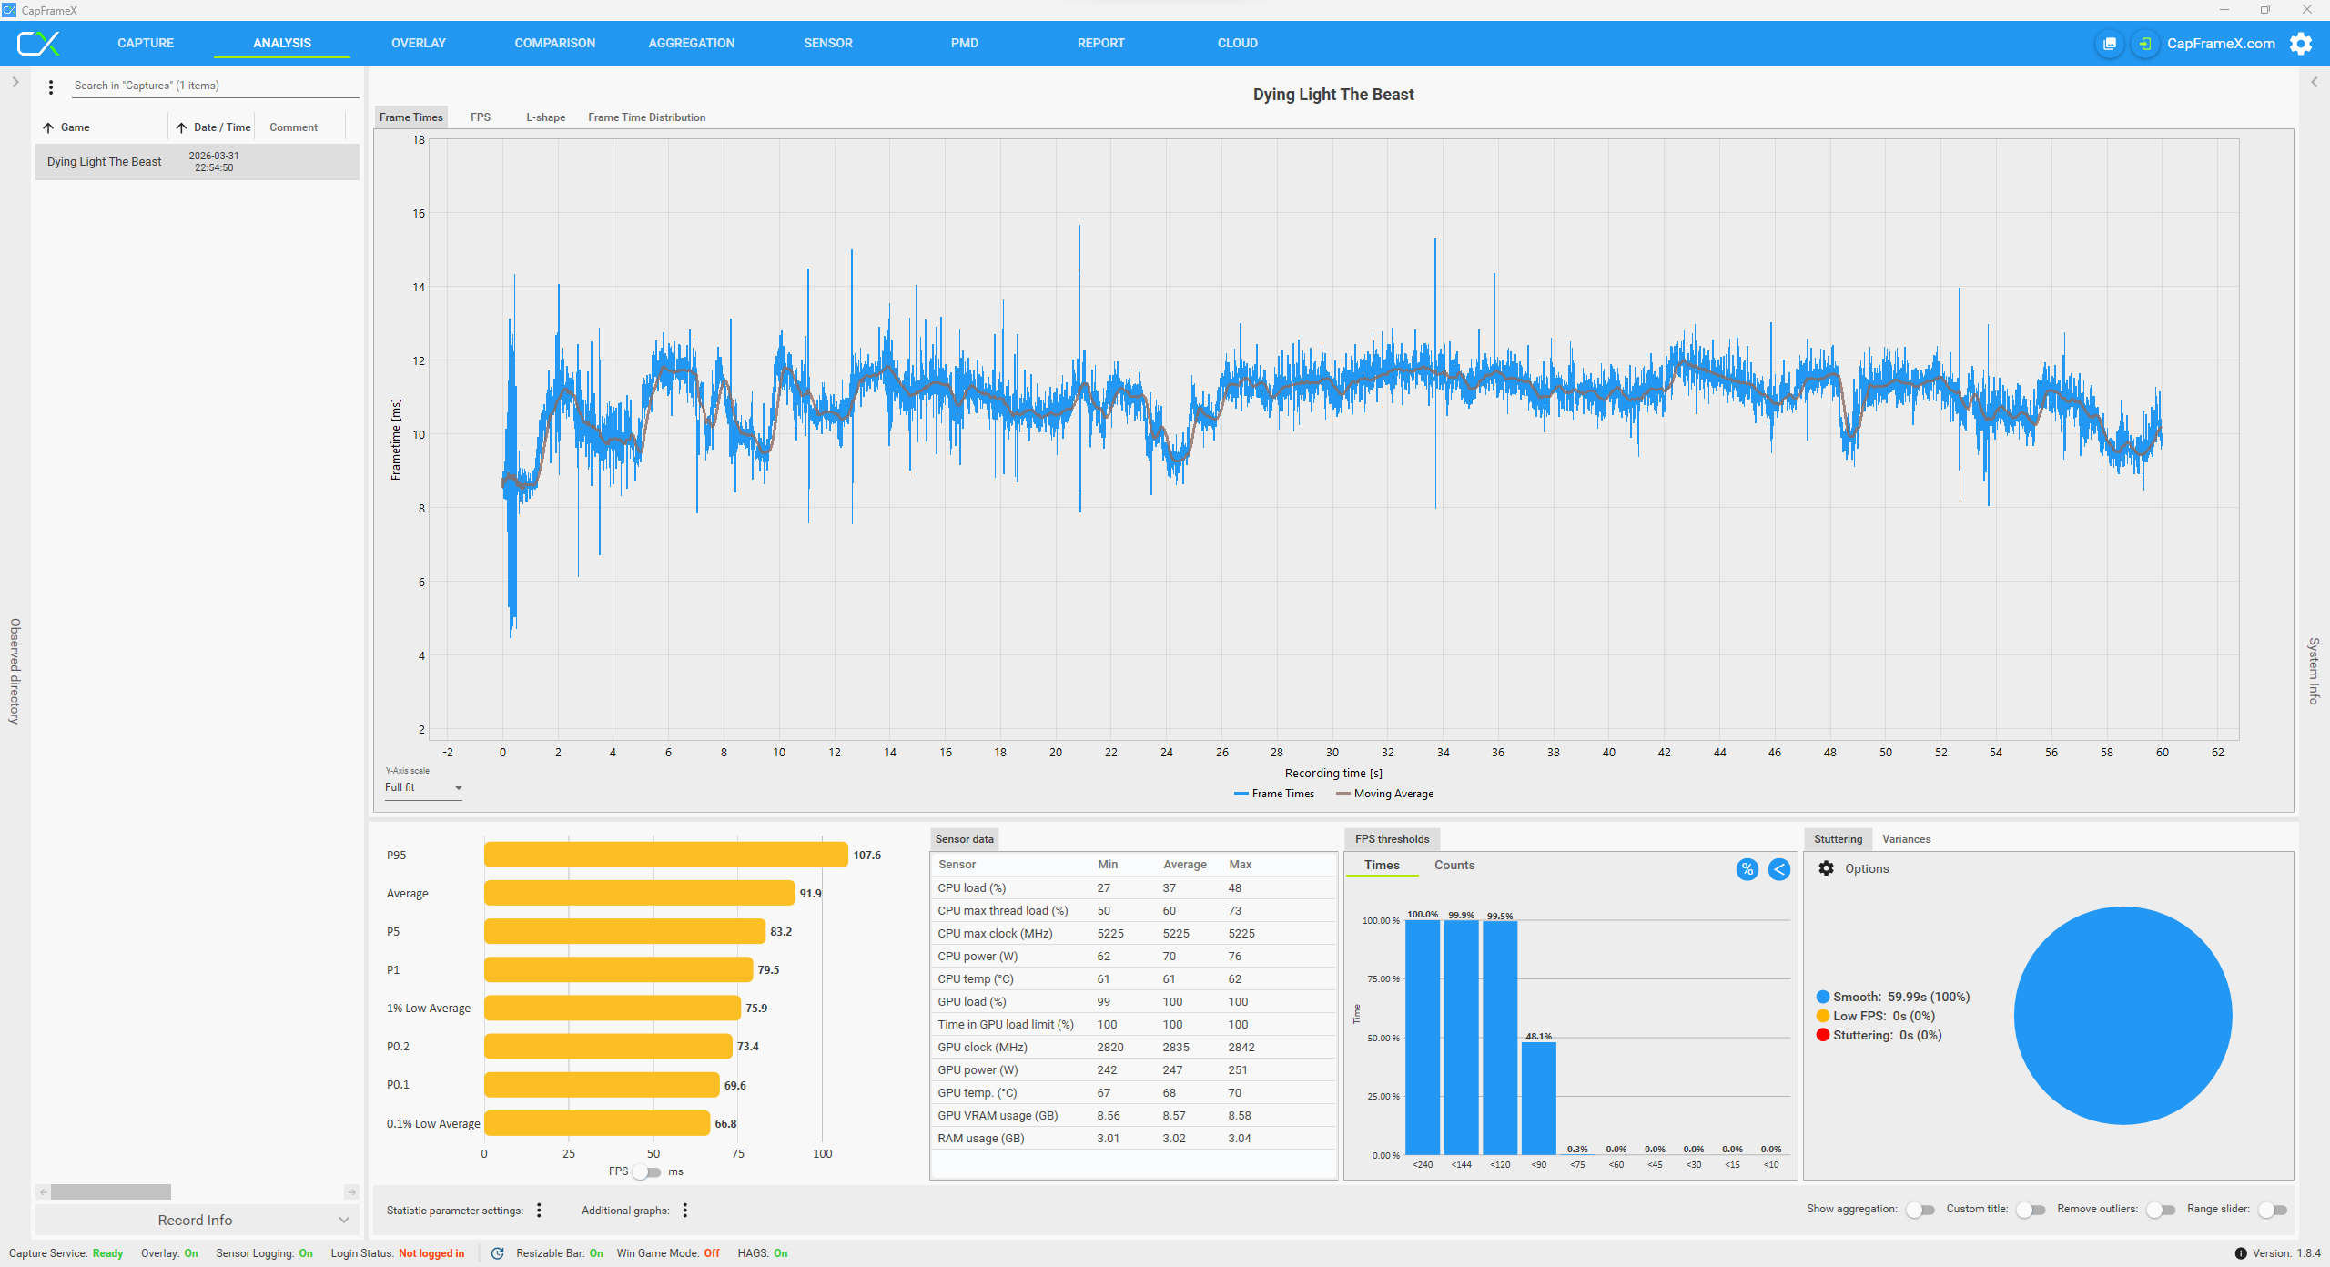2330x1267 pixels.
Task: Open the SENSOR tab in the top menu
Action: pyautogui.click(x=827, y=43)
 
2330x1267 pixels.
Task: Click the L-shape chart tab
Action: pyautogui.click(x=545, y=117)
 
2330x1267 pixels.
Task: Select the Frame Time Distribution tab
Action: pyautogui.click(x=646, y=117)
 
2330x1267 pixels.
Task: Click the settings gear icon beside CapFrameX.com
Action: pyautogui.click(x=2301, y=44)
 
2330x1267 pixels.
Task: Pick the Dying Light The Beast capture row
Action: pyautogui.click(x=197, y=162)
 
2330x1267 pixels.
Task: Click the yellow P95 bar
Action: pyautogui.click(x=665, y=855)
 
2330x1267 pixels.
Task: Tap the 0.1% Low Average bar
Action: pyautogui.click(x=596, y=1123)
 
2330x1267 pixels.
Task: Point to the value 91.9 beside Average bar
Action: pyautogui.click(x=810, y=894)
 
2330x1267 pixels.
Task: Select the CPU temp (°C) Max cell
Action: pyautogui.click(x=1234, y=979)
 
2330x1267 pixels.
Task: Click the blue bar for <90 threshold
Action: pyautogui.click(x=1538, y=1099)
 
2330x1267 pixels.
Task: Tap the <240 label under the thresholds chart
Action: pyautogui.click(x=1423, y=1165)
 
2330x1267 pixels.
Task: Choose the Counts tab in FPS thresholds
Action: pyautogui.click(x=1454, y=866)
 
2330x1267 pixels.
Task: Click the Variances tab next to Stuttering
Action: pyautogui.click(x=1906, y=839)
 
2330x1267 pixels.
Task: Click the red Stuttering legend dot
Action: pyautogui.click(x=1823, y=1035)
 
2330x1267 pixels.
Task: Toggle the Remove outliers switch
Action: pyautogui.click(x=2161, y=1210)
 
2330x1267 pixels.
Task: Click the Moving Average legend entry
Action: pyautogui.click(x=1384, y=794)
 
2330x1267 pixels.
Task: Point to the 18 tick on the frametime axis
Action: pyautogui.click(x=419, y=140)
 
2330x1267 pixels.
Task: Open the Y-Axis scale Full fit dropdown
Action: pyautogui.click(x=423, y=787)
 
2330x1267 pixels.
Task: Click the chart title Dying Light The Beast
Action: pyautogui.click(x=1333, y=95)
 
